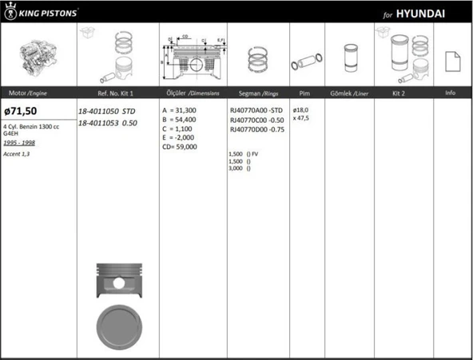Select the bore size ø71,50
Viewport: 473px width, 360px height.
(22, 111)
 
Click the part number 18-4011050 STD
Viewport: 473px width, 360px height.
(112, 111)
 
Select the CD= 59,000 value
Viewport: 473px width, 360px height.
(182, 147)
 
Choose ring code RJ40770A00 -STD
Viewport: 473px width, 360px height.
(256, 110)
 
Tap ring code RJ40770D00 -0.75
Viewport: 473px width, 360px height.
(256, 129)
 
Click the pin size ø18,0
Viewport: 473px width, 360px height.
(301, 110)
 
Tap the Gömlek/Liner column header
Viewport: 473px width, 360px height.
(349, 93)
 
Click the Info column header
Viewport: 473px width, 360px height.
(450, 93)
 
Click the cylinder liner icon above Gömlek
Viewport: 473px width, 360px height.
(349, 58)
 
